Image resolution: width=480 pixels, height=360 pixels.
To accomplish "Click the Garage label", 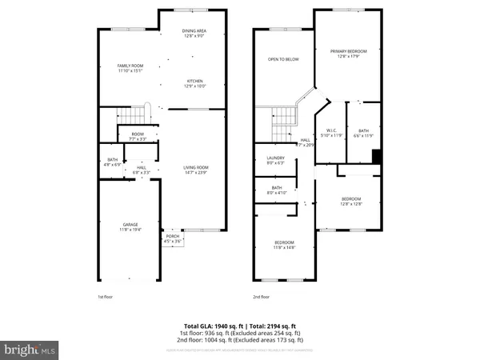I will click(130, 226).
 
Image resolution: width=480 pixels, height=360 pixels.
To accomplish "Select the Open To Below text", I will click(282, 59).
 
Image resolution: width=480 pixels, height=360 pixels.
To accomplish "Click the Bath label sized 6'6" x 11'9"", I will click(363, 133).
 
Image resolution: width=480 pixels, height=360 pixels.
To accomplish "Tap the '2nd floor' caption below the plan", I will click(261, 297).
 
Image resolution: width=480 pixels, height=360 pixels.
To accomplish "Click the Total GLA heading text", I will click(240, 326).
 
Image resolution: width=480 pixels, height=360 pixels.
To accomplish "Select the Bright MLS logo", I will click(30, 350).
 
